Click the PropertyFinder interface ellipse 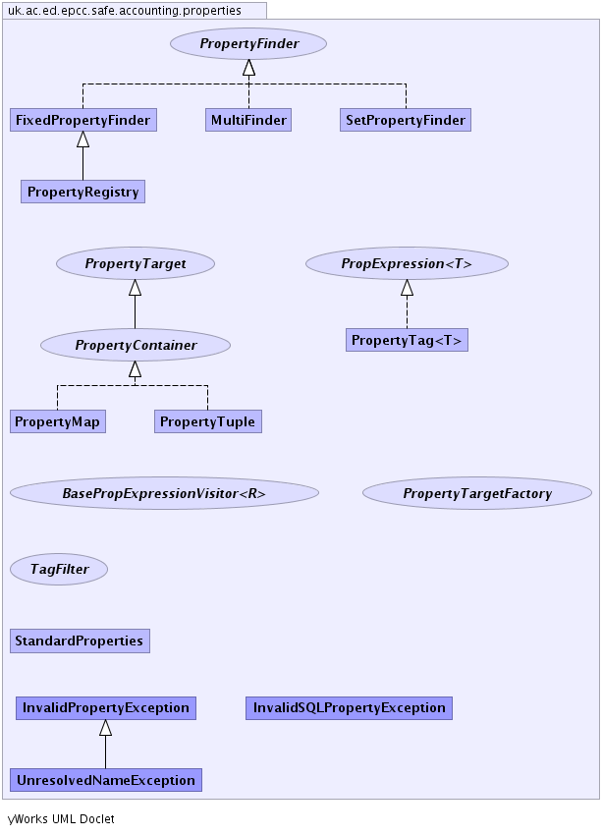click(x=248, y=44)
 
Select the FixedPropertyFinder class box click(x=82, y=121)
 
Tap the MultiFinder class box click(x=248, y=121)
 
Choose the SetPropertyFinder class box click(x=406, y=121)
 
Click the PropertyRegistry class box click(x=82, y=192)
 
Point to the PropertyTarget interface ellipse click(x=136, y=263)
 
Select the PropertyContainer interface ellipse click(x=136, y=345)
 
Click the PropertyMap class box click(x=58, y=421)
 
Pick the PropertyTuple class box click(x=207, y=421)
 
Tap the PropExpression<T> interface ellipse click(x=407, y=263)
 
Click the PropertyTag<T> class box click(x=407, y=340)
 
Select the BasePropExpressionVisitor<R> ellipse click(x=164, y=493)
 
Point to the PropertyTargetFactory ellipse click(x=477, y=493)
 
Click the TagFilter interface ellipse click(x=59, y=569)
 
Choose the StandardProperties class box click(x=80, y=641)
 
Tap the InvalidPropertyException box click(x=106, y=707)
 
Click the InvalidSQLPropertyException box click(x=349, y=707)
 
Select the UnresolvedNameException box click(x=105, y=780)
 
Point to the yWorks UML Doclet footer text click(x=61, y=818)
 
